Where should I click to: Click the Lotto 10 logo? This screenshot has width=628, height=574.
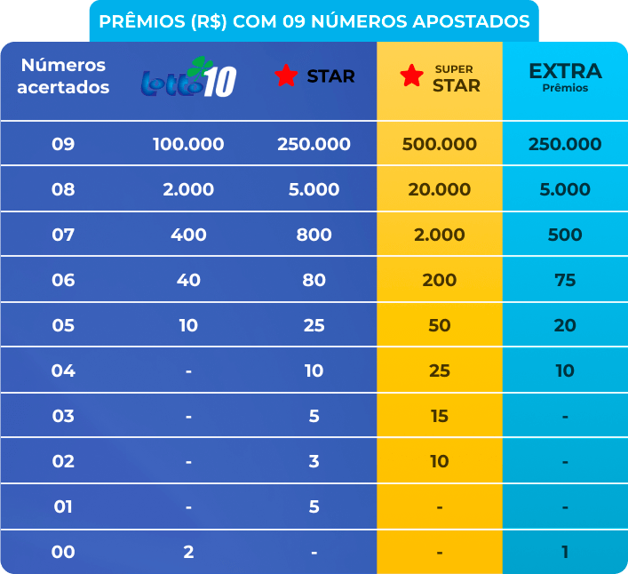(189, 78)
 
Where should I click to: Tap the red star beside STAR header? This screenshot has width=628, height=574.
(286, 76)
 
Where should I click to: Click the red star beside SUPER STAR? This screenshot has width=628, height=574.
(411, 76)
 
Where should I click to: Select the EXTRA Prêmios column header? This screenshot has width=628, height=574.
(565, 76)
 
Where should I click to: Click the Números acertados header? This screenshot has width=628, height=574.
(63, 76)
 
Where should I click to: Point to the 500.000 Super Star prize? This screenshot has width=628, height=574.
(440, 144)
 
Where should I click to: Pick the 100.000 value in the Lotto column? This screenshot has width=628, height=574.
(188, 144)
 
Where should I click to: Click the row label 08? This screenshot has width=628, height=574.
(63, 189)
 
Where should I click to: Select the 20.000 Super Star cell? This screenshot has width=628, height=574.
(440, 189)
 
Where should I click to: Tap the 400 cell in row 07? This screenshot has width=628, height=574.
(188, 235)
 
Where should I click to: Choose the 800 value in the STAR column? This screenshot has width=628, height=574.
(314, 235)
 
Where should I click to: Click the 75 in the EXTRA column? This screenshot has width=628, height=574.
(565, 280)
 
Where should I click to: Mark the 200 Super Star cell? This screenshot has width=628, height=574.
(440, 280)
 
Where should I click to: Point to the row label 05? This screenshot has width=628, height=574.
(63, 325)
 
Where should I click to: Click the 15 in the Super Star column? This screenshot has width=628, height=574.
(440, 416)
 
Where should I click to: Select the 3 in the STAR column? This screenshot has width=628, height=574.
(314, 461)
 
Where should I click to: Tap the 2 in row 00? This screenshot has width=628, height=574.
(188, 552)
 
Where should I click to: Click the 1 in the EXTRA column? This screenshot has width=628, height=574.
(565, 552)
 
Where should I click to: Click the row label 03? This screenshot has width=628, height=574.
(63, 416)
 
